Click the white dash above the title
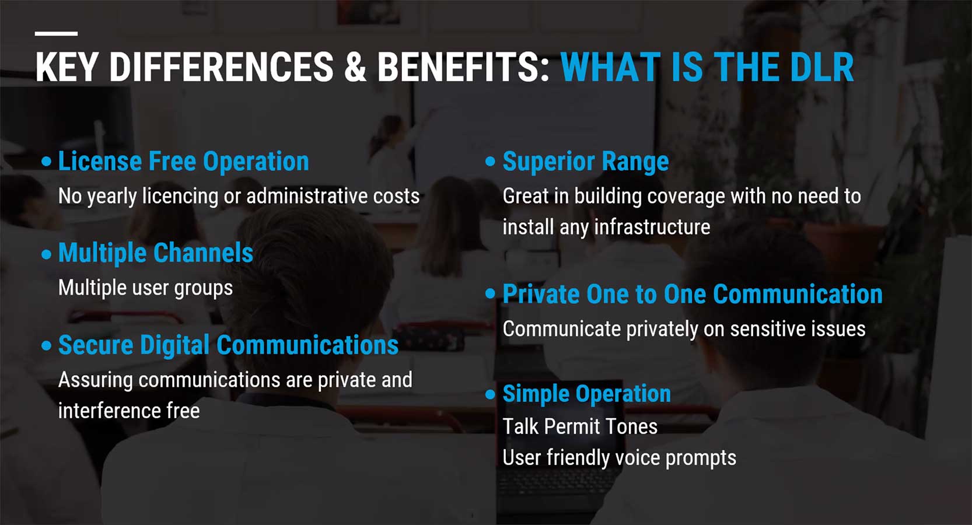point(57,33)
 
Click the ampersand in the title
point(355,67)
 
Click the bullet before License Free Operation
point(47,162)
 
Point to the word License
point(100,161)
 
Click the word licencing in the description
point(180,196)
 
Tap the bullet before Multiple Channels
point(47,254)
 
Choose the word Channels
point(203,253)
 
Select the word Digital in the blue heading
point(174,345)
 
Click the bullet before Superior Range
point(490,162)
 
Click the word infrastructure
point(652,227)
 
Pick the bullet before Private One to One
point(490,294)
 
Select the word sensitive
point(770,329)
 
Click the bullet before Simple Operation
point(490,394)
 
